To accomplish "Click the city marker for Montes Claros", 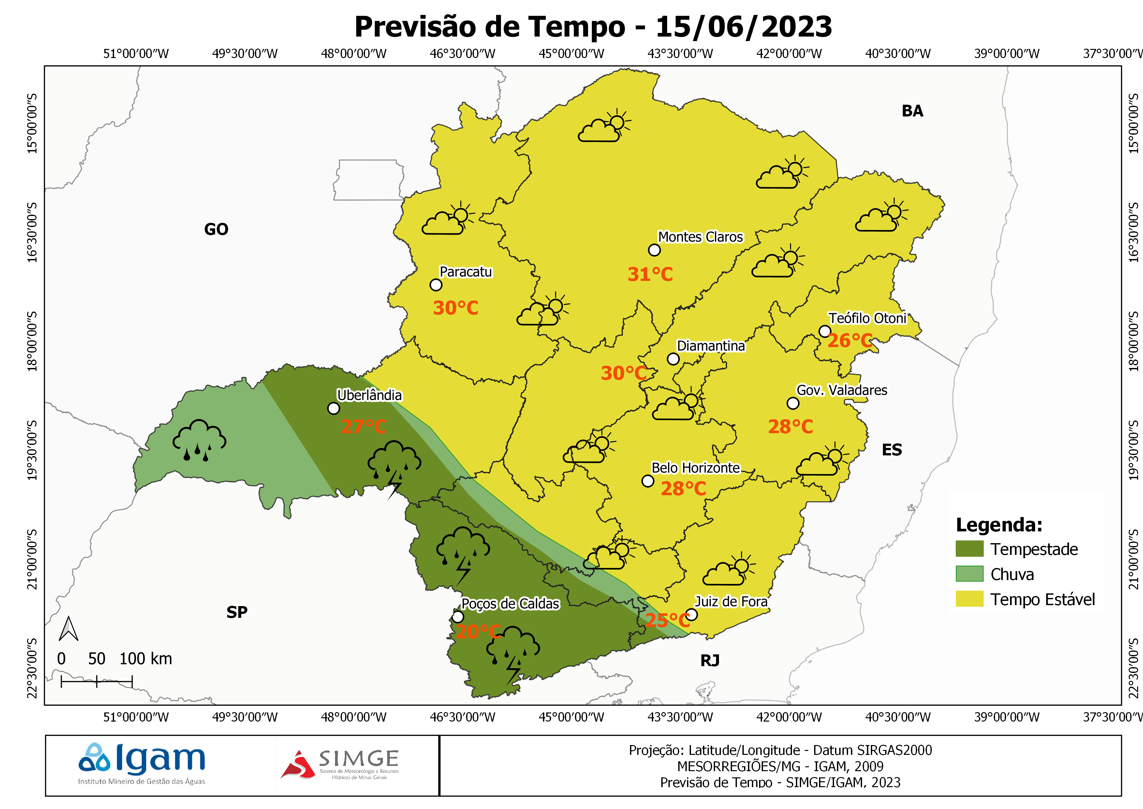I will tap(654, 250).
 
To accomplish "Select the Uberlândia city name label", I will tap(369, 395).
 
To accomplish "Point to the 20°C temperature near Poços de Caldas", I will tap(477, 632).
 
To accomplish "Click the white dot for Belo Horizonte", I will tap(647, 481).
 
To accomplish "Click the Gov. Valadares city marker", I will tap(793, 403).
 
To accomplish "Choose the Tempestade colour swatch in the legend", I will tap(969, 548).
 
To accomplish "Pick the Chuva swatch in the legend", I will tap(969, 574).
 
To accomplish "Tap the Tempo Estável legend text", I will tap(1042, 599).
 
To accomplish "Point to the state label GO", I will tap(216, 229).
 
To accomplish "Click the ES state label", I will tap(892, 450).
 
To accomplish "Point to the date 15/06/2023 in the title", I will tap(743, 26).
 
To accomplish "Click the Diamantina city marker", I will tap(673, 359).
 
